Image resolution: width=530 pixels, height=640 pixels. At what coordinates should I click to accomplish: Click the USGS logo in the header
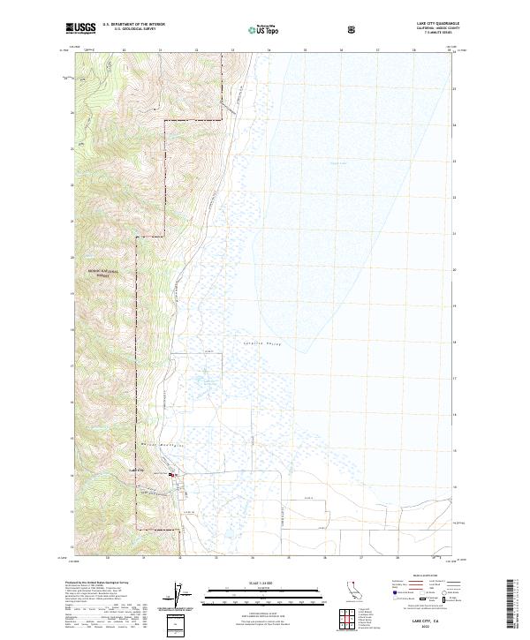click(80, 27)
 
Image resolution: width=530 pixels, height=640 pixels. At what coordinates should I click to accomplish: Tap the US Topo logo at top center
click(256, 28)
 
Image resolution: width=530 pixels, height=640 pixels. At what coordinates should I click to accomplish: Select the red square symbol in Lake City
click(174, 476)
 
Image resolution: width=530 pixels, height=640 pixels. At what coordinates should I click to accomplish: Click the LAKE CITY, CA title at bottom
click(412, 620)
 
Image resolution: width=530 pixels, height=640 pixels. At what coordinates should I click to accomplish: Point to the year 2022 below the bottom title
click(412, 626)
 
